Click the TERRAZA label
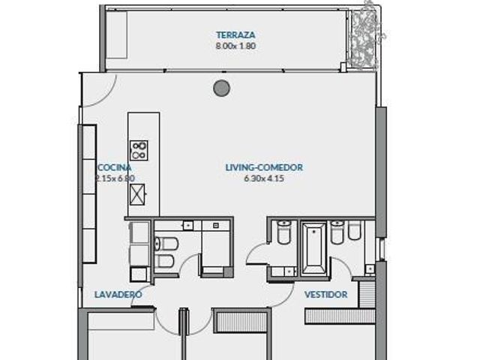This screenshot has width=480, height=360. (235, 35)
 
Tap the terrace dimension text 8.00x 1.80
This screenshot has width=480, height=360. (235, 46)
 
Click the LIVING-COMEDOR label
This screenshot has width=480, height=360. (264, 167)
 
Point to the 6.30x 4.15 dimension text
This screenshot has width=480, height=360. (264, 178)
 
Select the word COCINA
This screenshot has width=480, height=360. (115, 168)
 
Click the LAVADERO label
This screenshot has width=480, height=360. (118, 295)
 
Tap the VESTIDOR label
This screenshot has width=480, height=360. (325, 295)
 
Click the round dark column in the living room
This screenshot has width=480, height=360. (222, 88)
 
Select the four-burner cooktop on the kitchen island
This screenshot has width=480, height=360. (139, 150)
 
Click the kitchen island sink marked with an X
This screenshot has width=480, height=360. (137, 194)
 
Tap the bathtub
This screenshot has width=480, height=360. (313, 249)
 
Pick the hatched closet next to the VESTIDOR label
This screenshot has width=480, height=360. (340, 316)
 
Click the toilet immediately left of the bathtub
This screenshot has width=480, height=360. (283, 232)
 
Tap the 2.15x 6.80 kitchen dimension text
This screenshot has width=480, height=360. (115, 178)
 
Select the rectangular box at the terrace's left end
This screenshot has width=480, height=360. (116, 35)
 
